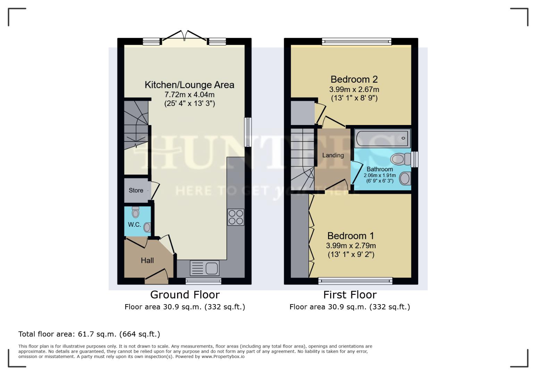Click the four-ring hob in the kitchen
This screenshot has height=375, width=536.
click(236, 217)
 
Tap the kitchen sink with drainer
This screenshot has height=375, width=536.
click(204, 268)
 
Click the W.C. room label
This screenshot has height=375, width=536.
click(134, 225)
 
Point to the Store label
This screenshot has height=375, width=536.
click(136, 190)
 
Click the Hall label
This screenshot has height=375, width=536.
click(147, 260)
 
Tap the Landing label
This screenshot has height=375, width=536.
click(333, 155)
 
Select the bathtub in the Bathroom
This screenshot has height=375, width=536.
click(382, 138)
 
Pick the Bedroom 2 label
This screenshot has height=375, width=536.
click(354, 80)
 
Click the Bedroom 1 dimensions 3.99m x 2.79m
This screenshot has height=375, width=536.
click(351, 245)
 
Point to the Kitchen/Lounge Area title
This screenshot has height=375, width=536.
click(189, 85)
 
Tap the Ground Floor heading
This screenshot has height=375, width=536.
click(185, 295)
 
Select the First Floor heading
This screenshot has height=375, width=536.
click(350, 295)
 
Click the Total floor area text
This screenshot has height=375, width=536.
click(89, 334)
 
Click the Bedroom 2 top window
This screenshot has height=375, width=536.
click(357, 42)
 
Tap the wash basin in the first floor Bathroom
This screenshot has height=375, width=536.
click(405, 179)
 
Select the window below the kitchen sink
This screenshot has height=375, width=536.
click(203, 281)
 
